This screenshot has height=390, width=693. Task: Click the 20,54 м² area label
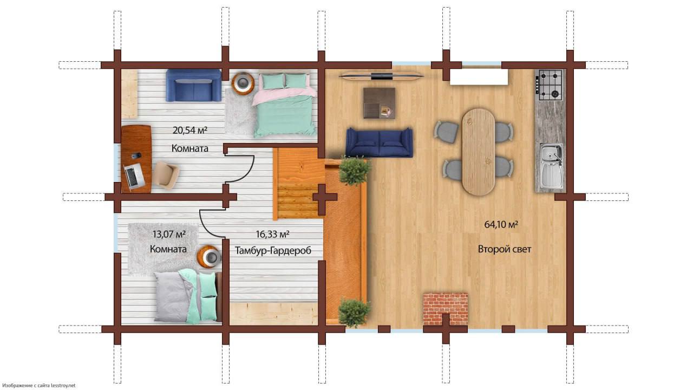[189, 131]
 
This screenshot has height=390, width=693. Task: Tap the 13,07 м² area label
[169, 234]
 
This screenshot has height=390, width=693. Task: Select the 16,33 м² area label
[272, 235]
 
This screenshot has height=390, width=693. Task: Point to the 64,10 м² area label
[501, 224]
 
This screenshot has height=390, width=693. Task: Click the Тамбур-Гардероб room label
[273, 250]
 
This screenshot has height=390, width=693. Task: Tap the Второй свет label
[504, 249]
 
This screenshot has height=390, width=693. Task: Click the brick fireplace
[445, 309]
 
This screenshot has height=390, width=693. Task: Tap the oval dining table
[478, 152]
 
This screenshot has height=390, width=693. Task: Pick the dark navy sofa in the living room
[379, 142]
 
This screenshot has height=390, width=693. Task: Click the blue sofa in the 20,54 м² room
[193, 86]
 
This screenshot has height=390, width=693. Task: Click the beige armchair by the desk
[166, 174]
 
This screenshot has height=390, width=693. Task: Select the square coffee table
[380, 103]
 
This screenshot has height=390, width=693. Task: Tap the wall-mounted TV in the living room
[381, 76]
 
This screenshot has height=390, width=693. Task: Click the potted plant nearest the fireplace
[354, 313]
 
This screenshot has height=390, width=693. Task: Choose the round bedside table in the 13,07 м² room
[210, 257]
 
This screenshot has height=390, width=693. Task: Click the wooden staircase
[296, 184]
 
